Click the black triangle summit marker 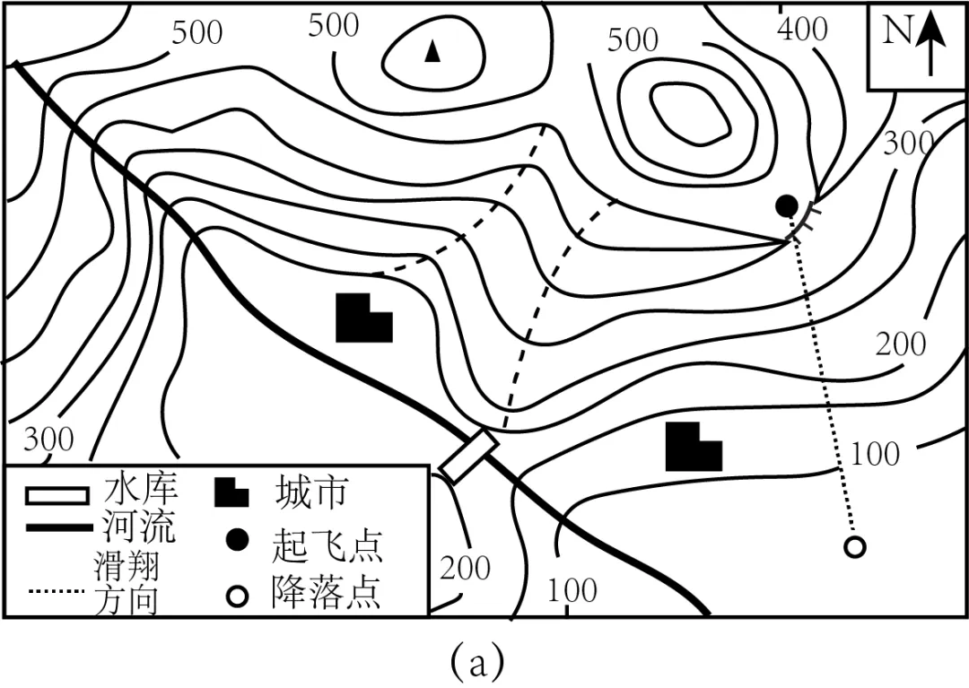433,52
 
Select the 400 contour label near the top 802,30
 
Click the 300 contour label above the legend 48,440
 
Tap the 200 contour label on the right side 901,344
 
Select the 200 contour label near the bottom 465,568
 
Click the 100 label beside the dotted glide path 875,454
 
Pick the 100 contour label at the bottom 572,590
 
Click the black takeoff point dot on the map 787,206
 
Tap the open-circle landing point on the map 855,546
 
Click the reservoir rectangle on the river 468,456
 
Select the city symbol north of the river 363,318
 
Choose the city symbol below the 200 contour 693,448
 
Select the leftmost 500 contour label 196,32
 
